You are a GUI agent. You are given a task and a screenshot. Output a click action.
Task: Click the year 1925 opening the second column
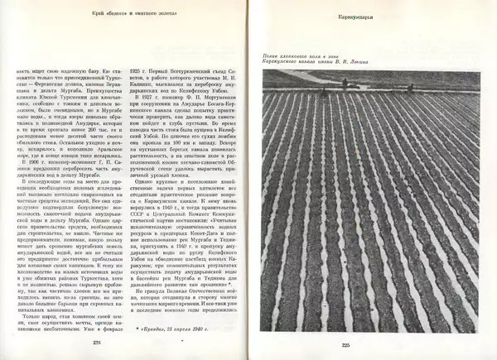pos(138,73)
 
